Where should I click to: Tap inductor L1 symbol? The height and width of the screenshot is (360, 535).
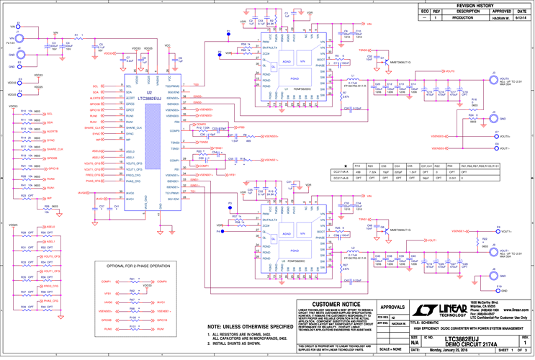353,78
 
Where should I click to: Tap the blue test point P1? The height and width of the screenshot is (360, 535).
228,32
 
